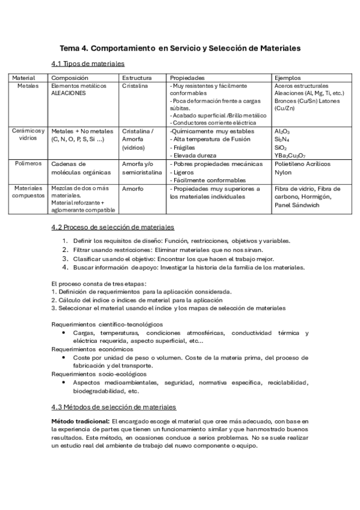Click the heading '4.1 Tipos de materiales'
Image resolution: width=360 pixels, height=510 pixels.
tap(88, 64)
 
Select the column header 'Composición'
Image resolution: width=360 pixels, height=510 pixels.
tap(70, 78)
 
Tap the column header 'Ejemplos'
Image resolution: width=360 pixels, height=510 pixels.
tap(287, 78)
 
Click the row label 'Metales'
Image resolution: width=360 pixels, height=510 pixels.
tap(26, 86)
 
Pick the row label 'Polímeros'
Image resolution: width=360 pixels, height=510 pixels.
tap(28, 163)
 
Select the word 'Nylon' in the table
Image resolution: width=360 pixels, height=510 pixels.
tap(283, 171)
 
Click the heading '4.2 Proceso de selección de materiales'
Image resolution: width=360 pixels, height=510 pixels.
tap(113, 227)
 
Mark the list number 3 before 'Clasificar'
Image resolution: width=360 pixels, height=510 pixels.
tap(65, 259)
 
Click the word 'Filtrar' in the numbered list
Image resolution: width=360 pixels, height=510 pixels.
tap(84, 250)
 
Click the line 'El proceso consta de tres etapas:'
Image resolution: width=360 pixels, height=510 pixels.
tap(98, 283)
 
